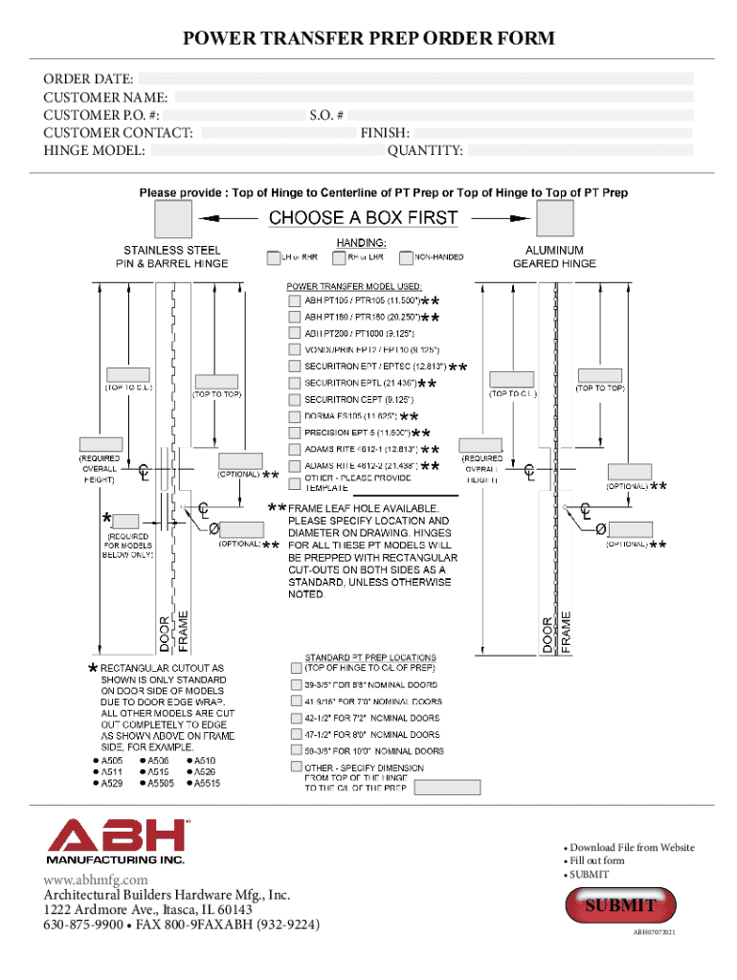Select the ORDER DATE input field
pos(416,78)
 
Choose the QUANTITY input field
pos(579,150)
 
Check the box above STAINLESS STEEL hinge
pos(173,219)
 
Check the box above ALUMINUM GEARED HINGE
pos(554,219)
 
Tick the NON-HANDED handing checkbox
pos(406,257)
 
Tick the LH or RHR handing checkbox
pos(274,257)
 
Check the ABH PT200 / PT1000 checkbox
pos(295,333)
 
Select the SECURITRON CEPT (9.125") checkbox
pos(295,399)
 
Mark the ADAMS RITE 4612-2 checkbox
pos(295,465)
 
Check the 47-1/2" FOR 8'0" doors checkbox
pos(295,734)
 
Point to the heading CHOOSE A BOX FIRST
pos(364,218)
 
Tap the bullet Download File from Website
pos(632,848)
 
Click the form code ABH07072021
pos(657,932)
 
